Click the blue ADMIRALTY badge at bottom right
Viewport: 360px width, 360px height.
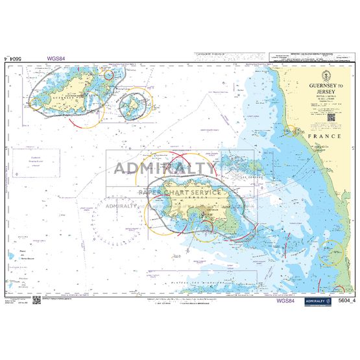coord(318,300)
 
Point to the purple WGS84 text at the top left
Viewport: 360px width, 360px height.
coord(56,58)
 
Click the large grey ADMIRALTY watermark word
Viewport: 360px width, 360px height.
coord(165,168)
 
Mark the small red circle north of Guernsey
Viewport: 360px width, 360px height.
coord(109,74)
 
